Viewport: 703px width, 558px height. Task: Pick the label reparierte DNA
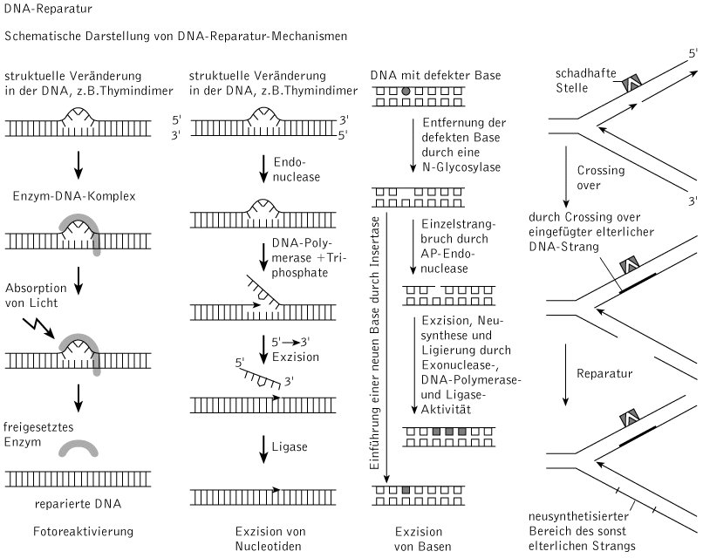(x=79, y=503)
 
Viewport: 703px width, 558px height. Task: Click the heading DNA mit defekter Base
(x=435, y=78)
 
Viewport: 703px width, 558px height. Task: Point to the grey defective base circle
(x=405, y=91)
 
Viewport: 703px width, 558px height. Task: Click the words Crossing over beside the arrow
(x=601, y=177)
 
